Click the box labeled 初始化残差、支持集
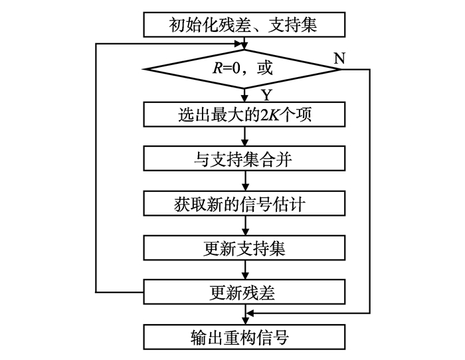pos(245,25)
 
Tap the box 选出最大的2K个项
pos(245,114)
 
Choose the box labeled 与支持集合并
pos(245,159)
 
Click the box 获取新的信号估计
pos(245,203)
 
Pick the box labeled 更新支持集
pos(245,248)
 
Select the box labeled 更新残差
pos(245,292)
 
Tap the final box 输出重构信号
pos(245,337)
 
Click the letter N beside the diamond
pos(339,57)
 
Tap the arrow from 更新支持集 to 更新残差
pos(246,270)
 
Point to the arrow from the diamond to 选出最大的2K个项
pos(246,94)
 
